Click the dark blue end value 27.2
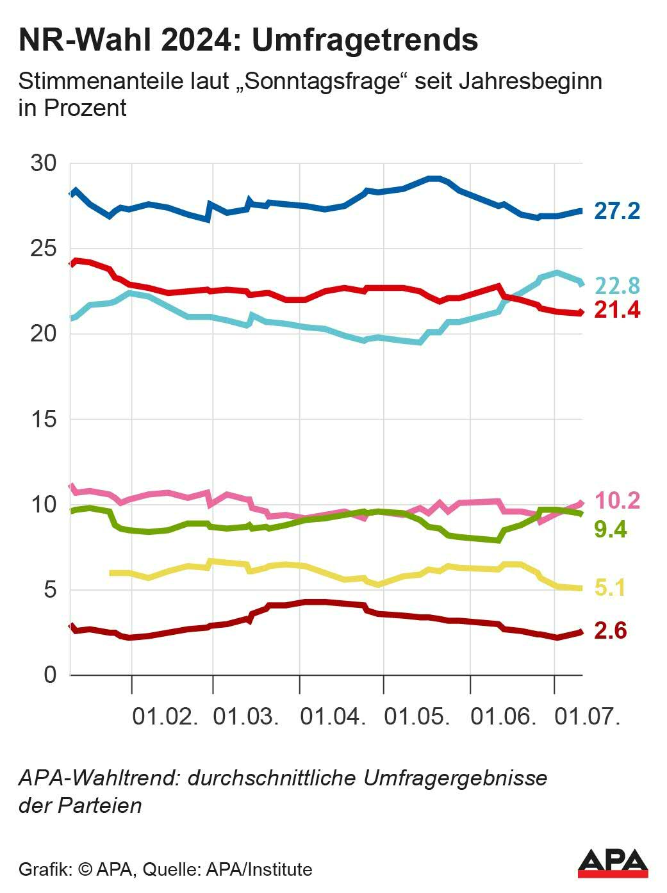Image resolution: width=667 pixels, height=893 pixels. pyautogui.click(x=616, y=210)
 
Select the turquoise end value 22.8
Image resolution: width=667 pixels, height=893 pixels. pyautogui.click(x=617, y=286)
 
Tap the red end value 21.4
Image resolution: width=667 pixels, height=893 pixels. pyautogui.click(x=617, y=310)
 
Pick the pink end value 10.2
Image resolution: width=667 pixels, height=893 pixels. pyautogui.click(x=617, y=500)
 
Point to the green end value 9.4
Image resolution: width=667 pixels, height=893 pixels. pyautogui.click(x=610, y=530)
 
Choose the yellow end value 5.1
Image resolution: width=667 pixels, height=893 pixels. pyautogui.click(x=610, y=587)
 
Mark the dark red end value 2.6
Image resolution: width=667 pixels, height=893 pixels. pyautogui.click(x=610, y=630)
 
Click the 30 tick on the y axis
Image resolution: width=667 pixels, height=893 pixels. pyautogui.click(x=44, y=163)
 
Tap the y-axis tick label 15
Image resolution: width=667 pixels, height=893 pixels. pyautogui.click(x=44, y=419)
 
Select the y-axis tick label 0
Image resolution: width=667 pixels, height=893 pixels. pyautogui.click(x=50, y=675)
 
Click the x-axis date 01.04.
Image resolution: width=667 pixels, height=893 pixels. pyautogui.click(x=333, y=716)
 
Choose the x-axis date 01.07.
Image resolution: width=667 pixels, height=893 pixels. pyautogui.click(x=588, y=716)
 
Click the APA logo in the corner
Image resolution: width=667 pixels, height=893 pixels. pyautogui.click(x=613, y=864)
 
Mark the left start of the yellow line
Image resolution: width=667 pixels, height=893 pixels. pyautogui.click(x=111, y=573)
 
